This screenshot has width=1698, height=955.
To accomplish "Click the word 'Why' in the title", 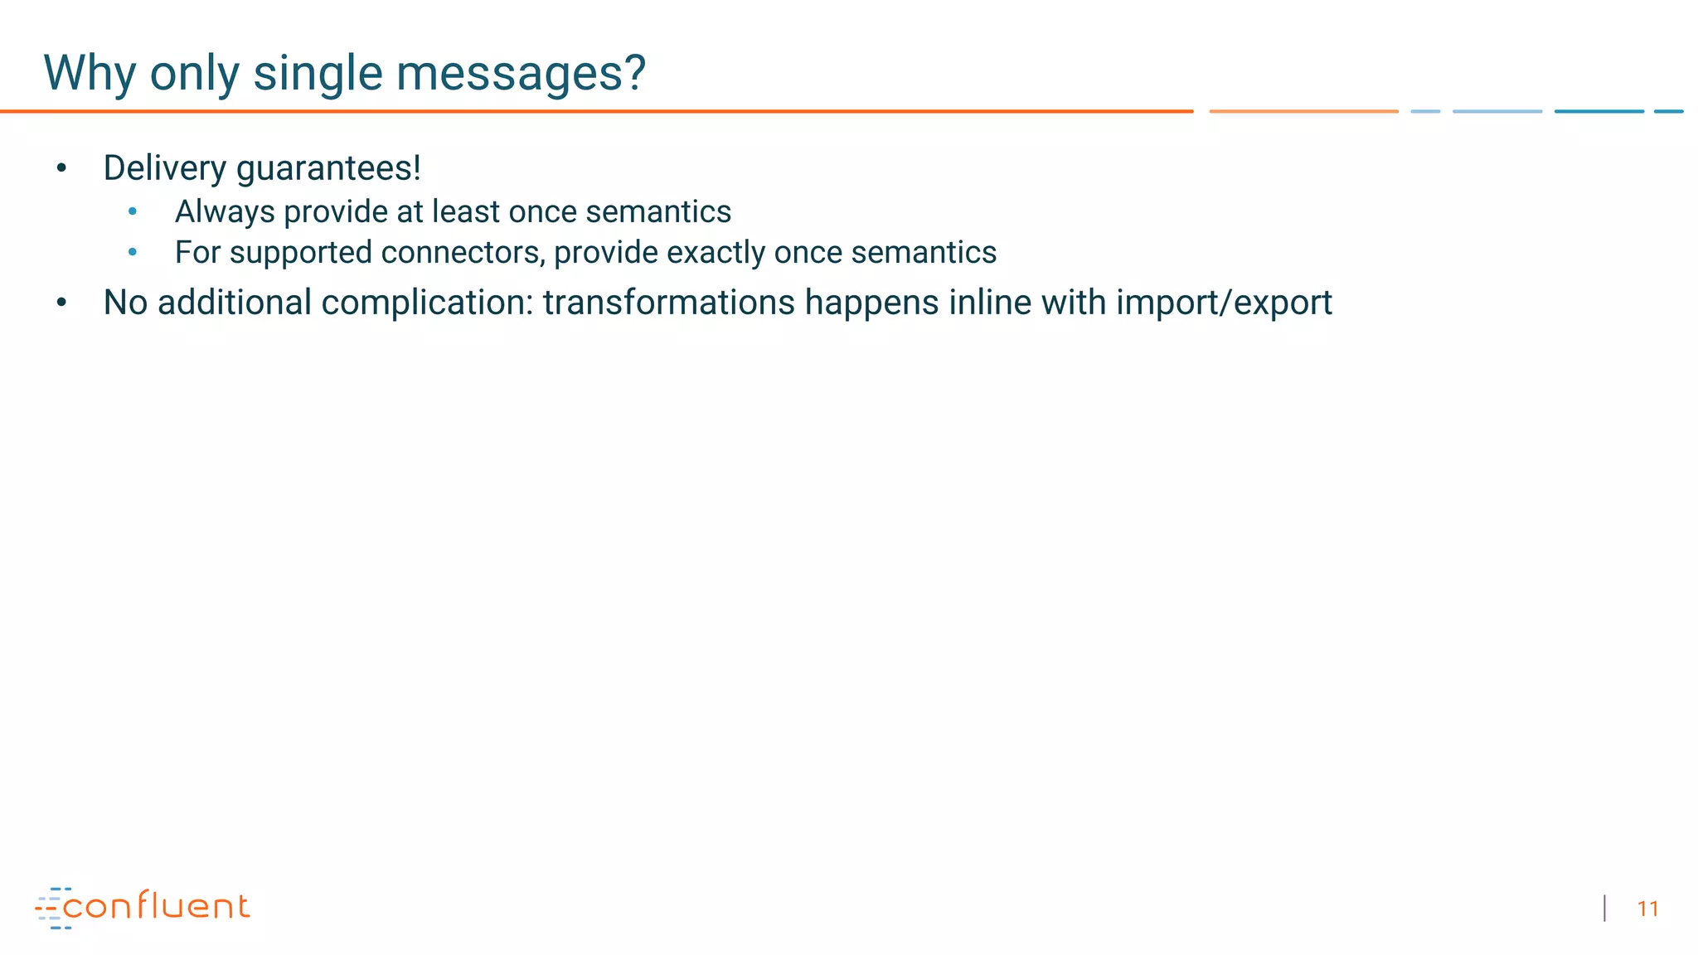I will click(x=90, y=73).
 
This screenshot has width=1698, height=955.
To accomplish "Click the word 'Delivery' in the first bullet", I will click(x=164, y=168).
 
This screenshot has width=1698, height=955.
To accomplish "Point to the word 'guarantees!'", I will click(x=328, y=168).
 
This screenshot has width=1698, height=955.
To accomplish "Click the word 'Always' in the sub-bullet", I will click(x=225, y=212).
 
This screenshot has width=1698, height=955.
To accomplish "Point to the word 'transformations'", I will click(x=669, y=303).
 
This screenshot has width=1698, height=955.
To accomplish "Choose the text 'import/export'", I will click(x=1224, y=303).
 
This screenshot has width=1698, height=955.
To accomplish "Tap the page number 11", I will click(x=1647, y=909).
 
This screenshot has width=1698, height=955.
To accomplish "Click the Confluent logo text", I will click(x=156, y=906).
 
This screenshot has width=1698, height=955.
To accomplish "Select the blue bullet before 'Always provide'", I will click(x=133, y=212).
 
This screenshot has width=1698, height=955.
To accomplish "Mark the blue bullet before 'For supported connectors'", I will click(x=133, y=252).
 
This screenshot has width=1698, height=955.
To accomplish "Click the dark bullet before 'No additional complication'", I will click(x=61, y=303).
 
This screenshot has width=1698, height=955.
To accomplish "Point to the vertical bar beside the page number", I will click(x=1605, y=909).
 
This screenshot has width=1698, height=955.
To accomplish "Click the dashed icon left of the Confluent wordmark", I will click(x=51, y=909).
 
